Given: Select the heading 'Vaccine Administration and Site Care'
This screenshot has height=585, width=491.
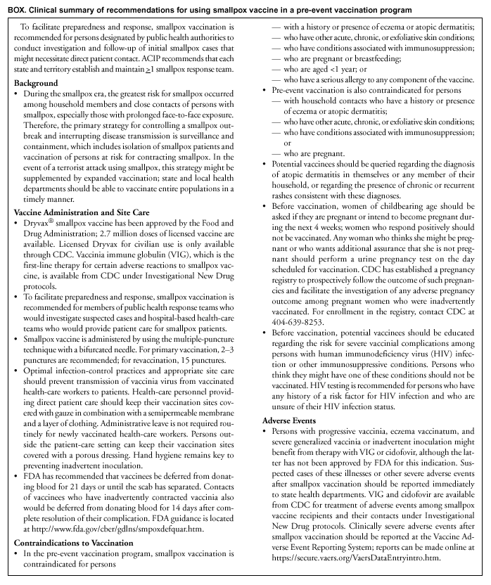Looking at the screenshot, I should tap(78, 211).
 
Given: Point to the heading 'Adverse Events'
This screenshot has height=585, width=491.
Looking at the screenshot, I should tap(283, 420).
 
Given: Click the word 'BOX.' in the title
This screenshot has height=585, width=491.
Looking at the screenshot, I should tap(17, 8).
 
